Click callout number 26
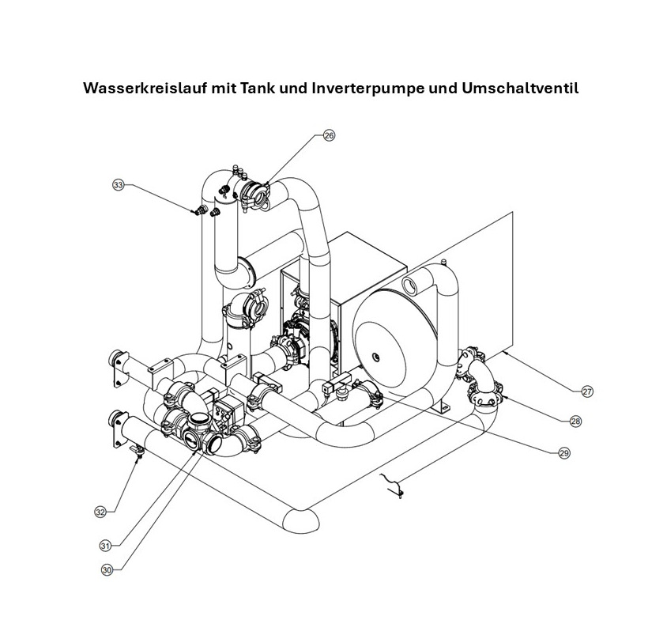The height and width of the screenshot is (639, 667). [329, 136]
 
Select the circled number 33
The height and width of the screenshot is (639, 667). [119, 185]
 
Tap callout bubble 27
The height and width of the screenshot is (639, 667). [587, 391]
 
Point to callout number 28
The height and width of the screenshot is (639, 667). [575, 422]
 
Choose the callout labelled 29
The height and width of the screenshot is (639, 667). [563, 453]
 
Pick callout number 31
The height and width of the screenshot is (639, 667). [104, 545]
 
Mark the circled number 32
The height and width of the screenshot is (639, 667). [100, 512]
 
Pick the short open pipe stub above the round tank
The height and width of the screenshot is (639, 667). [410, 283]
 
